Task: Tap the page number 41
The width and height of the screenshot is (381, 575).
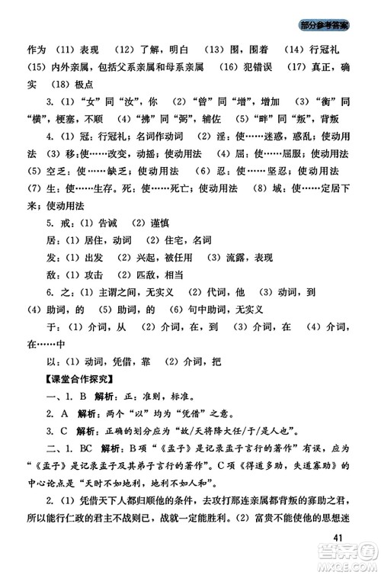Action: click(x=342, y=538)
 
